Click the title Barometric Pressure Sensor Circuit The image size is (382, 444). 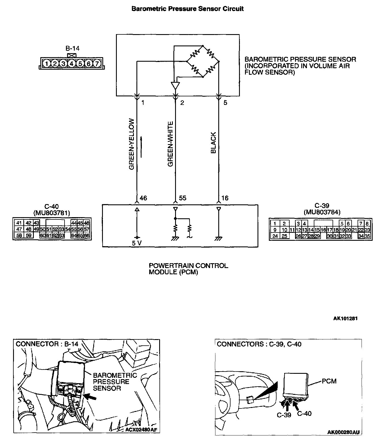tap(187, 9)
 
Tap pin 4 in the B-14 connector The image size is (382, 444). tap(72, 63)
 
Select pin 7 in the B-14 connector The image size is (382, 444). tap(97, 63)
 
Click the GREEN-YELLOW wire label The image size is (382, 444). tap(132, 144)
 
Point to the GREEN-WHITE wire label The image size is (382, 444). tap(170, 144)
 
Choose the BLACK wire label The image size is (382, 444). tap(213, 143)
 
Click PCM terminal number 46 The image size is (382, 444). tap(144, 198)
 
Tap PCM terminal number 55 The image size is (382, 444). tap(182, 198)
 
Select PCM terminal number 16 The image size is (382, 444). tap(225, 198)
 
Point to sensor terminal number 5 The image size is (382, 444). tap(225, 103)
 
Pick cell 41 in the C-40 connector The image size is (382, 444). tap(19, 223)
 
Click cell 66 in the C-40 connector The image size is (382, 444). tap(87, 235)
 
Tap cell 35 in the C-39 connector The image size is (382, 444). tap(367, 236)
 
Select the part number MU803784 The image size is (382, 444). tap(322, 212)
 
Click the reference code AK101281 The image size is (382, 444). tap(345, 318)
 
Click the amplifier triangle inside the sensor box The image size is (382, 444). tap(175, 85)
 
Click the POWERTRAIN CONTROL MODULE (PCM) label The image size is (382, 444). tap(188, 269)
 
